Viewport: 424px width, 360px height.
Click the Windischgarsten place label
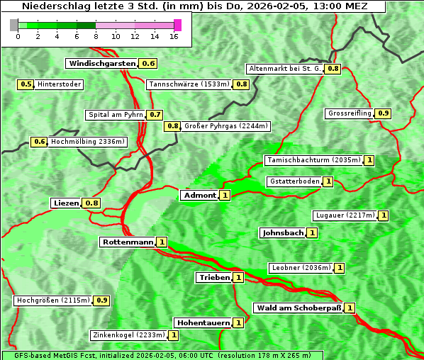[102, 64]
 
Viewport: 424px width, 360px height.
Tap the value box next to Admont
[225, 195]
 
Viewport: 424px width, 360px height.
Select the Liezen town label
[66, 203]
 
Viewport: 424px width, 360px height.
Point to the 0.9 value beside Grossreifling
[384, 113]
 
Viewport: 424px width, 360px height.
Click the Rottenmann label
[128, 242]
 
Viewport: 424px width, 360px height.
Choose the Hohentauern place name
[203, 322]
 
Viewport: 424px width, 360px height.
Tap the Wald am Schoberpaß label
[298, 308]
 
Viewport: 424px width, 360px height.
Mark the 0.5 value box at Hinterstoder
[26, 84]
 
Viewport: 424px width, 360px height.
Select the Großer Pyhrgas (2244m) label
[225, 126]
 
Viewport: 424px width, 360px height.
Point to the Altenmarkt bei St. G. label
[284, 69]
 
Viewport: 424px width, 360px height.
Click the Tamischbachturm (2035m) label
[313, 160]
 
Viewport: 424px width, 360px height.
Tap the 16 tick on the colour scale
[174, 35]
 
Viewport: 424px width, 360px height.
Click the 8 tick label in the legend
[95, 35]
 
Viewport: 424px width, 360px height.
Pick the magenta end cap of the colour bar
[177, 25]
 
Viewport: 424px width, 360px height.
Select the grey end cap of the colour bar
[14, 25]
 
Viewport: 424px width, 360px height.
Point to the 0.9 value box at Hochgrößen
[102, 300]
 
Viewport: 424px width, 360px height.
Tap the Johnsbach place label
[282, 232]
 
